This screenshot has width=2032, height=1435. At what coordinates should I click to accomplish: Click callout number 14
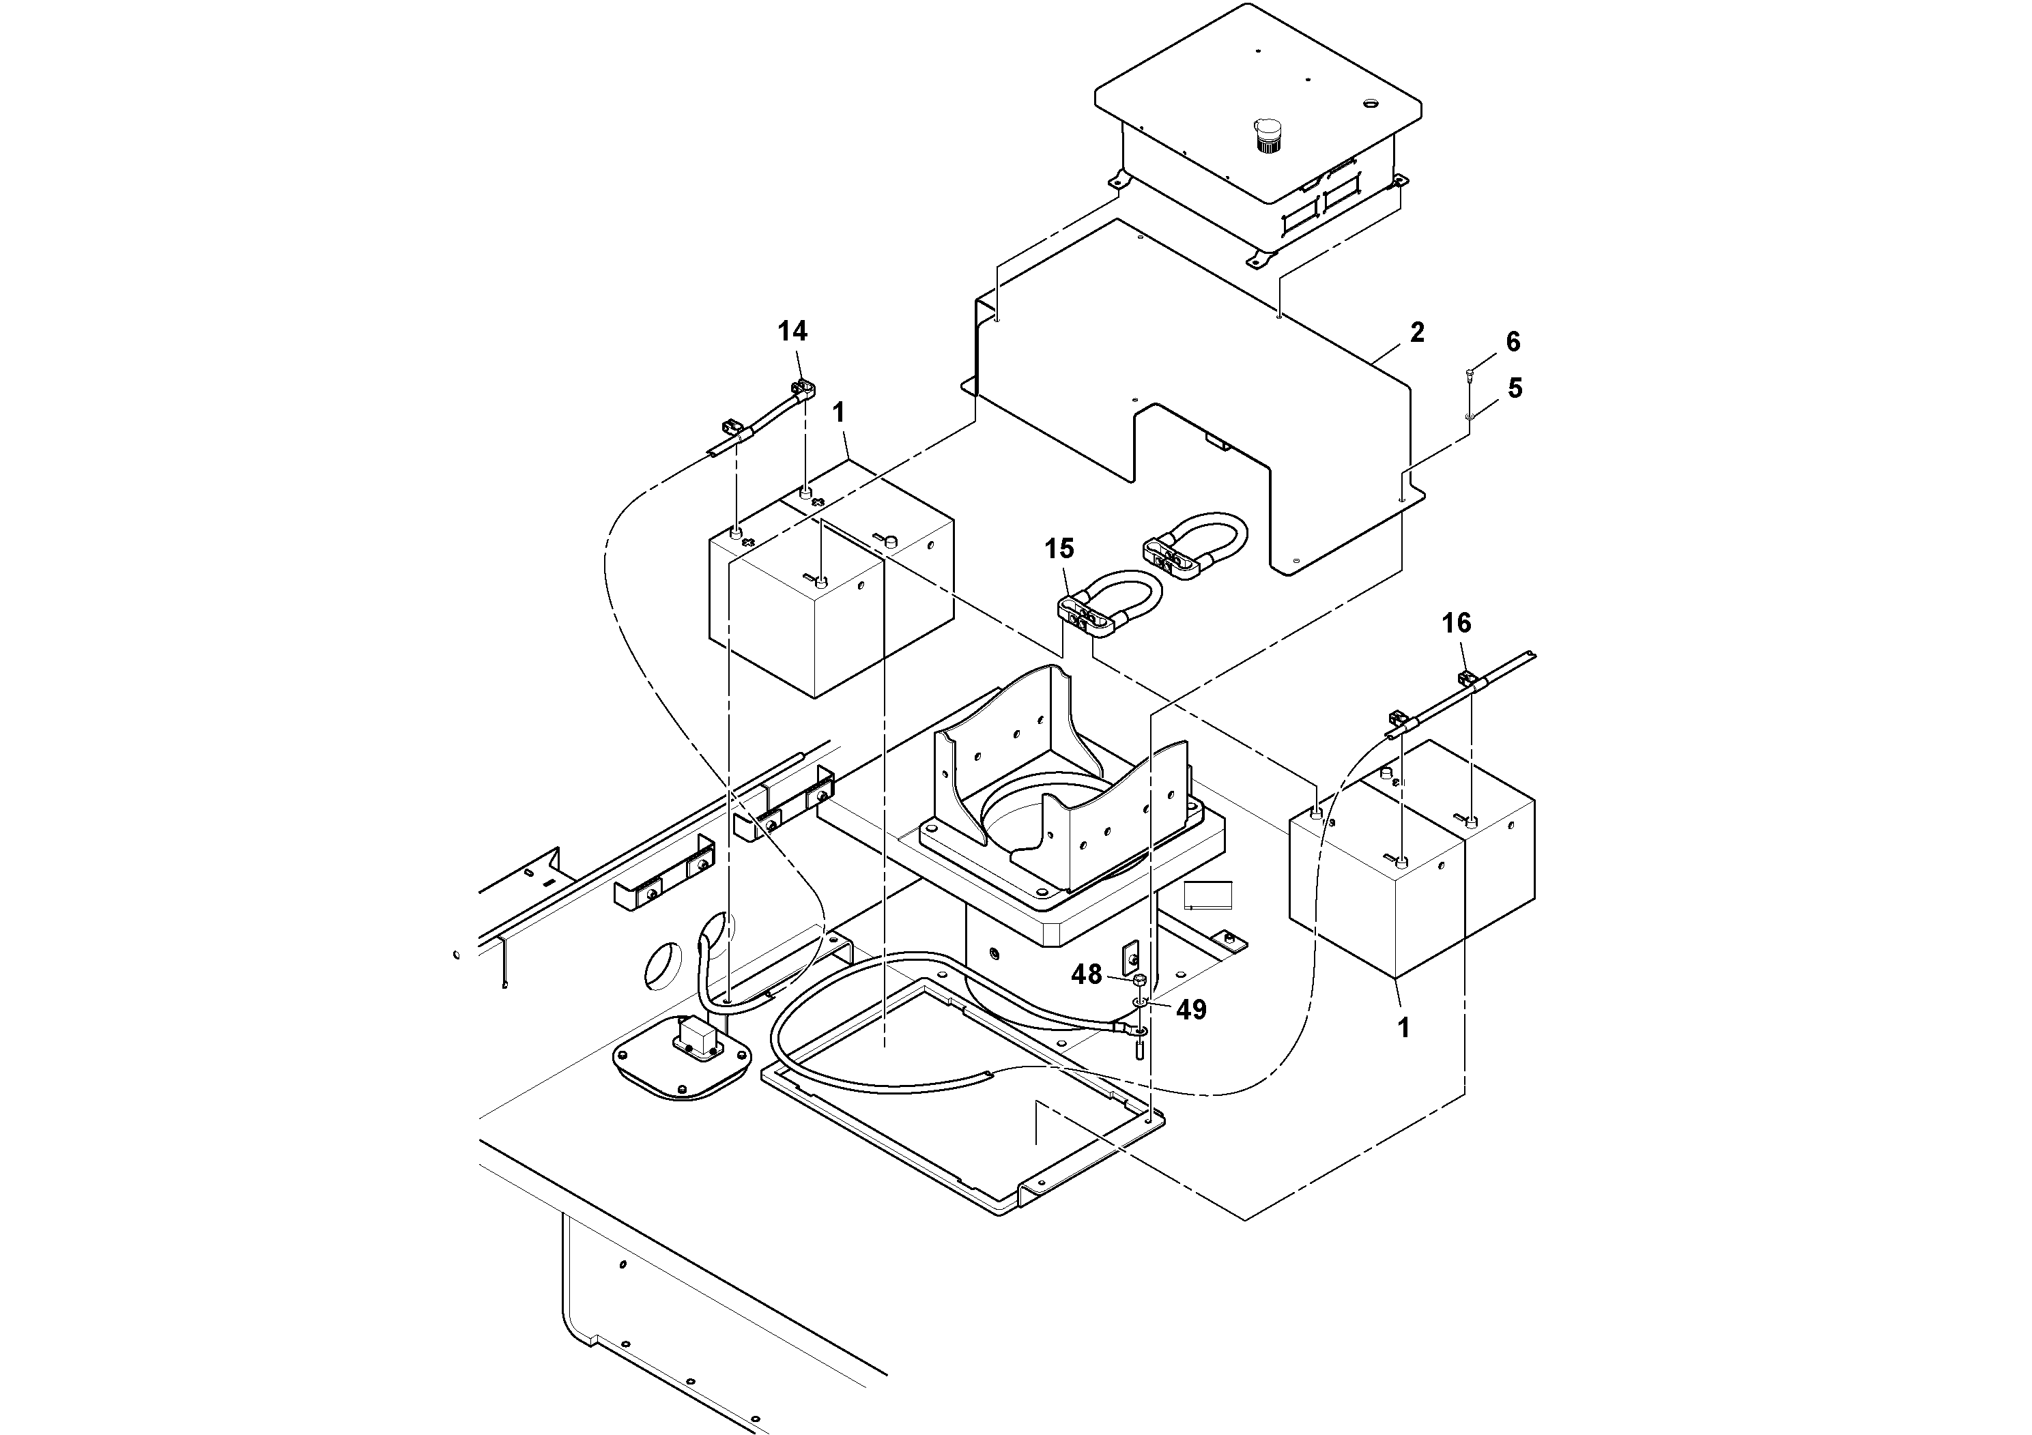coord(792,331)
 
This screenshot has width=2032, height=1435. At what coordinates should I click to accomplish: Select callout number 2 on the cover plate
coord(1417,333)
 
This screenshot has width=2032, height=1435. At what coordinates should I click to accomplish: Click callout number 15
coord(1059,549)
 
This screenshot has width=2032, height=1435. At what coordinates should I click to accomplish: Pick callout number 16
coord(1456,623)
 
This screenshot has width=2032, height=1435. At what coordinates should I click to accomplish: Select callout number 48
coord(1087,974)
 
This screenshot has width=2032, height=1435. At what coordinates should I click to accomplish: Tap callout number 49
coord(1191,1009)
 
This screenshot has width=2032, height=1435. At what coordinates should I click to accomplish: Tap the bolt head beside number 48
coord(1140,979)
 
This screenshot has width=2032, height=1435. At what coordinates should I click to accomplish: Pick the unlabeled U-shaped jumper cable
coord(1199,541)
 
